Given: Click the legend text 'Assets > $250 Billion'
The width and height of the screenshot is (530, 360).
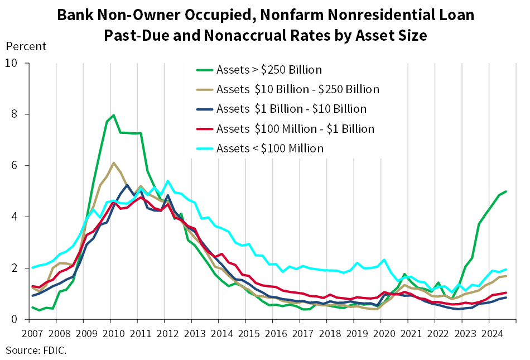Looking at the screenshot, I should pyautogui.click(x=269, y=70).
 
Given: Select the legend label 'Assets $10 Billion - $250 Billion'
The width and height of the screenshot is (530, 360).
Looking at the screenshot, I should pyautogui.click(x=297, y=89).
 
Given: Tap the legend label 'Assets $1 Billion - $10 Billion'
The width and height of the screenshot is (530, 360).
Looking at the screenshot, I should pyautogui.click(x=291, y=109).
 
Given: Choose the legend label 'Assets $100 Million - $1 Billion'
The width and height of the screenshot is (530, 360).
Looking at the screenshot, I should pyautogui.click(x=295, y=129).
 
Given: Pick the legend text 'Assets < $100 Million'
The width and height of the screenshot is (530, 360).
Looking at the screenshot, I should pyautogui.click(x=269, y=148).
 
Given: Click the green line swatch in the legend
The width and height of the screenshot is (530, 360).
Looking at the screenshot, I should pyautogui.click(x=205, y=70).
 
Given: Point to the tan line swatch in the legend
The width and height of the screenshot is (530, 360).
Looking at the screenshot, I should pyautogui.click(x=205, y=90).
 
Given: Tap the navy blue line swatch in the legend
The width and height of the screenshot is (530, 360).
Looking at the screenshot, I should pyautogui.click(x=205, y=109).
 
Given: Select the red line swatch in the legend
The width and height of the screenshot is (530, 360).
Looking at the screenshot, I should pyautogui.click(x=205, y=129).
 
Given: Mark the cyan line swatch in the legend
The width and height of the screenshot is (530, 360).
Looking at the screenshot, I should pyautogui.click(x=205, y=148).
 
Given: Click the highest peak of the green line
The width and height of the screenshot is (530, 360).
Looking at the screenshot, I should pyautogui.click(x=114, y=115).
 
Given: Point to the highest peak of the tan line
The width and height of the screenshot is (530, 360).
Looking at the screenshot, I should pyautogui.click(x=114, y=162).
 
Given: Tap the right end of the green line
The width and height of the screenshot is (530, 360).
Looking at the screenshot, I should pyautogui.click(x=507, y=191).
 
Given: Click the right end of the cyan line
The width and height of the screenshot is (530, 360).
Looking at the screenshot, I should pyautogui.click(x=507, y=269).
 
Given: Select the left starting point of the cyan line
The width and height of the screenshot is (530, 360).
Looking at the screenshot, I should pyautogui.click(x=32, y=267).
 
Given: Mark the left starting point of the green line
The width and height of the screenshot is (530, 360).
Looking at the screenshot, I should pyautogui.click(x=32, y=307).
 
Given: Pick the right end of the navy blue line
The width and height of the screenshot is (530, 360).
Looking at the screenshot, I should pyautogui.click(x=507, y=297).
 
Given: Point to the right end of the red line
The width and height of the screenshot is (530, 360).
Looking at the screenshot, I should pyautogui.click(x=507, y=292).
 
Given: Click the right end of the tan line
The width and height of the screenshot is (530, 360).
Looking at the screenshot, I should pyautogui.click(x=507, y=275).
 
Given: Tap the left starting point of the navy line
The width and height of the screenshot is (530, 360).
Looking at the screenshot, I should pyautogui.click(x=32, y=295).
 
